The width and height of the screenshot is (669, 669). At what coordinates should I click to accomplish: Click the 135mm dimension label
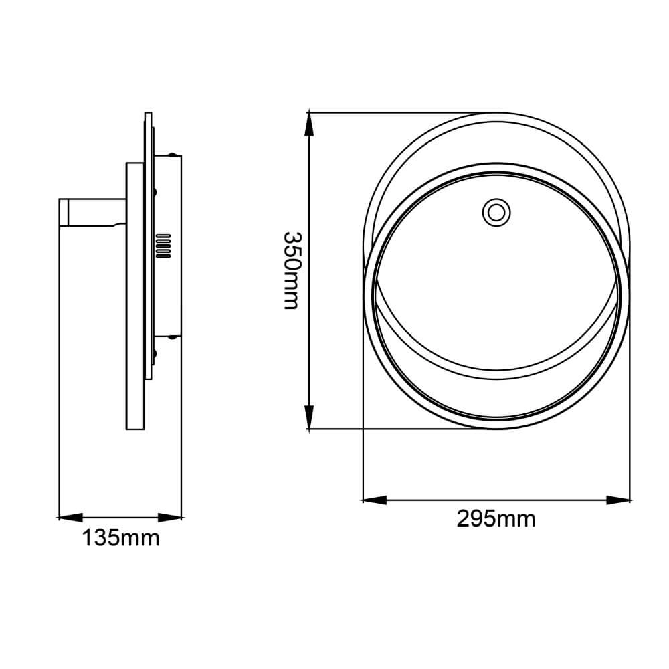coord(120,537)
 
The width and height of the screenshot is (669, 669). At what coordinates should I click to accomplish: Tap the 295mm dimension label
coord(496,518)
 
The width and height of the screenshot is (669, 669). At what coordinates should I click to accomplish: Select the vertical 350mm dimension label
coord(293,270)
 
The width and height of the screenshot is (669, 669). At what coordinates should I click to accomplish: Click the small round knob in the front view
coord(496,212)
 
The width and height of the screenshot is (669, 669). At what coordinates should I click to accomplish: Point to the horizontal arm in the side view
coord(94,212)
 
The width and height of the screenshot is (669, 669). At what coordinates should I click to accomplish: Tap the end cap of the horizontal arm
coord(64,212)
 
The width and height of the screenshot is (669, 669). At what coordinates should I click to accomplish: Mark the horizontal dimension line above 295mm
coord(496,500)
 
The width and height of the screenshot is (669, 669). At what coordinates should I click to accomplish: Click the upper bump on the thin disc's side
coord(155,193)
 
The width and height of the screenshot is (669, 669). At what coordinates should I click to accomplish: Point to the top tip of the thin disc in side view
coord(147,114)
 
